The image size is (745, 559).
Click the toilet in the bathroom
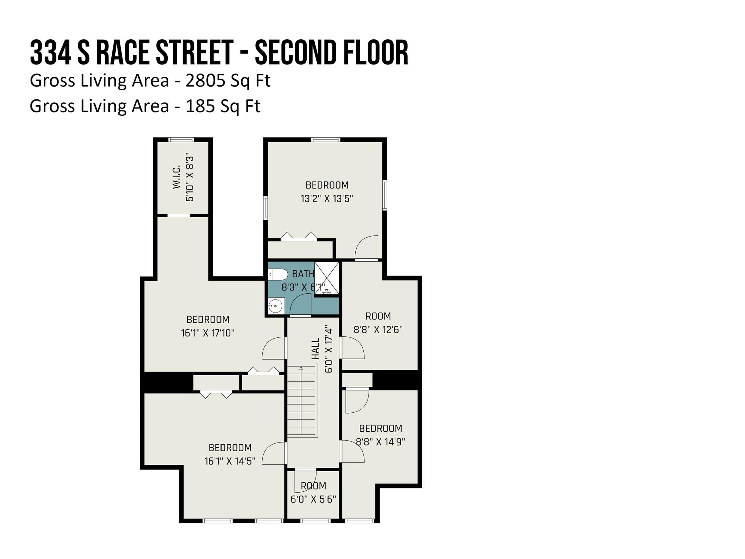click(x=278, y=274)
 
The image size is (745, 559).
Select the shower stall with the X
click(x=327, y=278)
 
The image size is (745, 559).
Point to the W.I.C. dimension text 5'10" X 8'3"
click(x=190, y=179)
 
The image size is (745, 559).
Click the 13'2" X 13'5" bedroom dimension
click(x=327, y=199)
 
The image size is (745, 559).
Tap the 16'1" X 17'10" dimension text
click(x=208, y=333)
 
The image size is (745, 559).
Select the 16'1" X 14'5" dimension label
click(x=230, y=461)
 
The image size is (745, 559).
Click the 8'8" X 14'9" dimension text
click(x=381, y=442)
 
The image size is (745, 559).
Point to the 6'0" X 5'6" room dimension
click(x=313, y=499)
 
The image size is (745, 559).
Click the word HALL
click(x=315, y=349)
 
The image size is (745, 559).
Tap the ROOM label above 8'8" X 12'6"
click(x=378, y=316)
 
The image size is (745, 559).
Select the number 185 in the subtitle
click(x=200, y=106)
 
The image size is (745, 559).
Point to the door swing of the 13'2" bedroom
click(x=367, y=247)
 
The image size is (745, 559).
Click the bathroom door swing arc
click(x=300, y=304)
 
